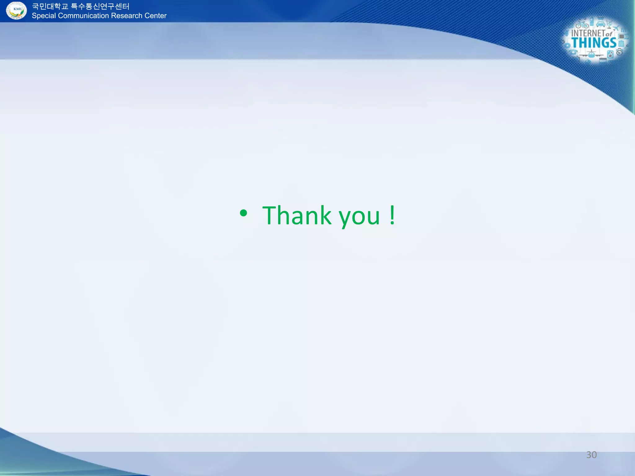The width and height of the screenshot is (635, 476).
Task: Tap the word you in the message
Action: (359, 217)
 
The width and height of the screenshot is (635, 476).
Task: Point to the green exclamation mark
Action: (392, 215)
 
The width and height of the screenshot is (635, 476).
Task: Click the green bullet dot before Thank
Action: (243, 213)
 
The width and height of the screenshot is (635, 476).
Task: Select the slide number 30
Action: (591, 455)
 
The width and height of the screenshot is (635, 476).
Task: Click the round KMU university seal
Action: (17, 11)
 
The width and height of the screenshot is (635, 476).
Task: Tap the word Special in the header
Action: (44, 16)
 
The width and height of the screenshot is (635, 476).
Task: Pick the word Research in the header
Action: (127, 16)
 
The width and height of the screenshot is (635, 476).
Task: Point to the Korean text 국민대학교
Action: (50, 7)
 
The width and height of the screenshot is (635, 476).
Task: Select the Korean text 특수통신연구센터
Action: (100, 7)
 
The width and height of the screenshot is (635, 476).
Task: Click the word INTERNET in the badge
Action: (588, 33)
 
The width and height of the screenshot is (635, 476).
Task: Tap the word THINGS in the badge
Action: (594, 43)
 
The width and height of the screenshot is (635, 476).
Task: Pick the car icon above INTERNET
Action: (601, 24)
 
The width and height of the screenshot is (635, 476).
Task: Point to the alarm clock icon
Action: (619, 52)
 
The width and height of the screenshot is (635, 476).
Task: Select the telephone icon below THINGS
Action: (573, 53)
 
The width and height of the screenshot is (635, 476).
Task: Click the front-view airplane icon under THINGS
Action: (591, 55)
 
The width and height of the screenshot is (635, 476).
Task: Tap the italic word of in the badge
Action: (609, 34)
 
